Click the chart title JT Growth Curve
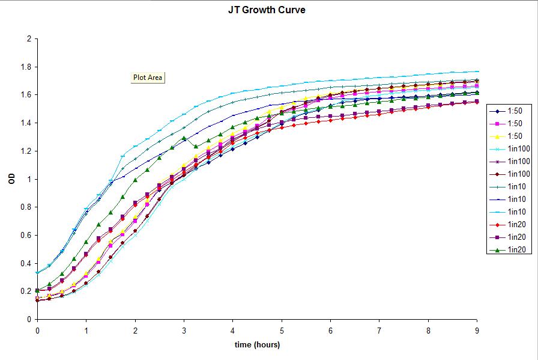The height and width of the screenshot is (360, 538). tap(267, 10)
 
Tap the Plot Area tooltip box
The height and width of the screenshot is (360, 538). tap(148, 78)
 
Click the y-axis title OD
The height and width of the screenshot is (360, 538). tap(12, 179)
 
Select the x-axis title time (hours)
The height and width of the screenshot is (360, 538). tap(257, 344)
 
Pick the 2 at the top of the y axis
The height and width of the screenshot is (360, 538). tap(28, 39)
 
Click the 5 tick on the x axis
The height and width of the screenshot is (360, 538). tap(282, 331)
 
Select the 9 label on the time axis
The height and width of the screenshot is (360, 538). tap(477, 331)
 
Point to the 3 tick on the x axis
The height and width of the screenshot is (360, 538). tap(184, 331)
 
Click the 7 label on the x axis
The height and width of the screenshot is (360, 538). tap(379, 331)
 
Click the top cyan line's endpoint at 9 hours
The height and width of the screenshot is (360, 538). tap(477, 72)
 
